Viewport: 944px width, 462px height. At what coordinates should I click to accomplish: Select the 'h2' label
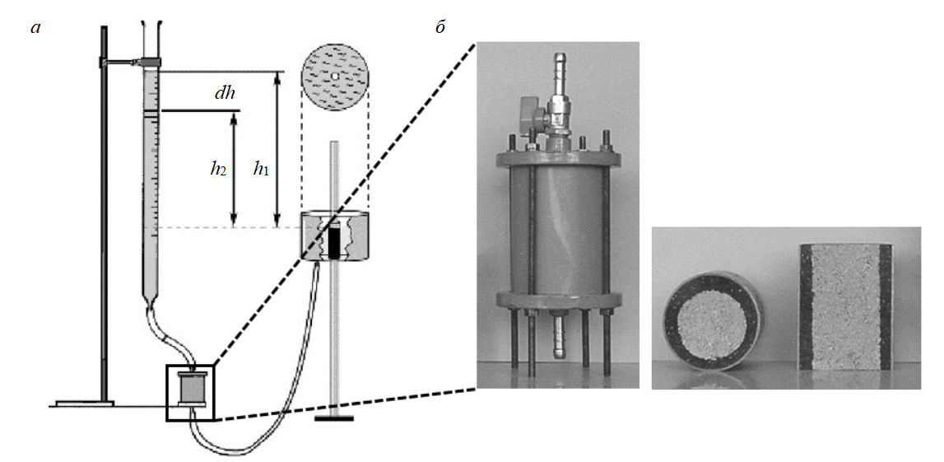218,170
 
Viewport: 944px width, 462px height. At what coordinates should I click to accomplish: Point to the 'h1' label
262,170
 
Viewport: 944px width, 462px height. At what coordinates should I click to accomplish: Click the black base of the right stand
334,418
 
